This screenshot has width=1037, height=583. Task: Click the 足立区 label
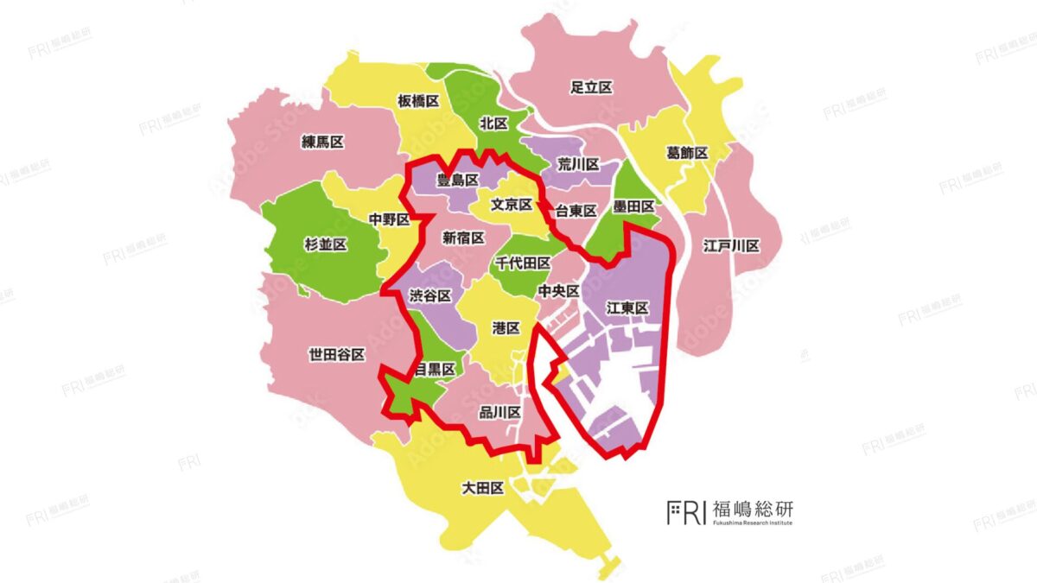(x=592, y=87)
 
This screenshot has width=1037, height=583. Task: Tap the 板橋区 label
(x=419, y=101)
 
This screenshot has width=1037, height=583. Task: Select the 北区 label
(x=493, y=124)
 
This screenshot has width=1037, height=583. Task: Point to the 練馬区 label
(x=322, y=142)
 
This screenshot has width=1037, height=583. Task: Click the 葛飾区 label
(x=687, y=153)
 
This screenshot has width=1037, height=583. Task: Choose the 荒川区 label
(x=578, y=163)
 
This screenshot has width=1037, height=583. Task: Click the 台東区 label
(x=576, y=211)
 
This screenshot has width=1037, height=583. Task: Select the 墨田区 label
(x=634, y=206)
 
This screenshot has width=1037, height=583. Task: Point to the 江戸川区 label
(x=731, y=246)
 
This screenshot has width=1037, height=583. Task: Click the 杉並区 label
(x=326, y=245)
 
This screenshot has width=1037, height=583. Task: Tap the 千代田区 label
(x=523, y=263)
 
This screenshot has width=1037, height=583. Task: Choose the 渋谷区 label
(x=430, y=295)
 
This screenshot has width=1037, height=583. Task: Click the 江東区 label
(x=627, y=307)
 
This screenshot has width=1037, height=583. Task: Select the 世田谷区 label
(x=336, y=354)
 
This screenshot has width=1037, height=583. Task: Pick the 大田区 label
(x=483, y=489)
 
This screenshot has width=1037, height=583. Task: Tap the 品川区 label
(x=499, y=413)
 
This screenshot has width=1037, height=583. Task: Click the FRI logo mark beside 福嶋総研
(x=686, y=511)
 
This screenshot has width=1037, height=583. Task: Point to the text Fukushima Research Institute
(x=752, y=523)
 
